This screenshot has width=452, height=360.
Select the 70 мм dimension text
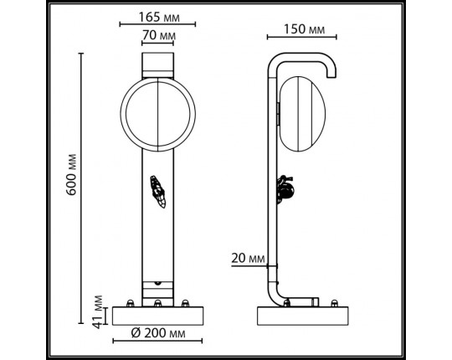158,36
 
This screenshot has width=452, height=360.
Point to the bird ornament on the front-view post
157,191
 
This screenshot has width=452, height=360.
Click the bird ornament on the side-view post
286,190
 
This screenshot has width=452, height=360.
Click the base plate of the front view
158,316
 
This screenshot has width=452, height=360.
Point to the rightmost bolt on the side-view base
336,303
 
